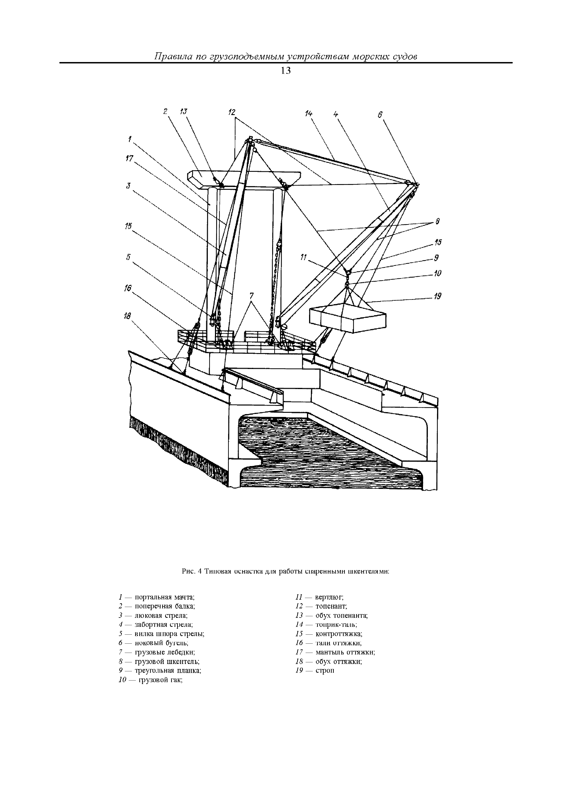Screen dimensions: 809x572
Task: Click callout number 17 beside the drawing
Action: (x=129, y=159)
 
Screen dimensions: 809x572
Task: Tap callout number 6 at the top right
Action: (x=380, y=115)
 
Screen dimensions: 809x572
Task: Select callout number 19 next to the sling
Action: (x=437, y=297)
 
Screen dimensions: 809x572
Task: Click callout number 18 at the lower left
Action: (x=127, y=316)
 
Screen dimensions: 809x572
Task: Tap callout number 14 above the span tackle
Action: (x=309, y=114)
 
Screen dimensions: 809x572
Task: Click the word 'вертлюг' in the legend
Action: (x=330, y=597)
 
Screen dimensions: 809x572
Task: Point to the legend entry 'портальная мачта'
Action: (x=165, y=597)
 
